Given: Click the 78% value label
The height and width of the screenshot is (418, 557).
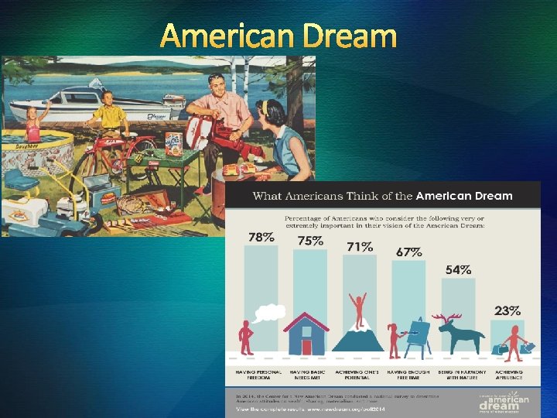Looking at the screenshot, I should [259, 237].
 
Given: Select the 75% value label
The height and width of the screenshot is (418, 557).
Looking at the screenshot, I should [309, 241].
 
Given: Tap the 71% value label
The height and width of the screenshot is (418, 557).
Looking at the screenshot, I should [359, 247].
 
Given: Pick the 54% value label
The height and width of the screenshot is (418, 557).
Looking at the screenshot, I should [458, 269].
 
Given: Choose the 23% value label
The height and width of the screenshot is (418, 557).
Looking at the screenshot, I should [507, 310].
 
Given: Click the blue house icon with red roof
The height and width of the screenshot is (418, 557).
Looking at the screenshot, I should [306, 334].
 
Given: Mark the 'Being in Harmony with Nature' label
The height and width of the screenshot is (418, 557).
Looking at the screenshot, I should [463, 375].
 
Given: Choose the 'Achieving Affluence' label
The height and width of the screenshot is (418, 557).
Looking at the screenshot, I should [509, 375].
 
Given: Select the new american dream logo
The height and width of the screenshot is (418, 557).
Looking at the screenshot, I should [504, 400].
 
